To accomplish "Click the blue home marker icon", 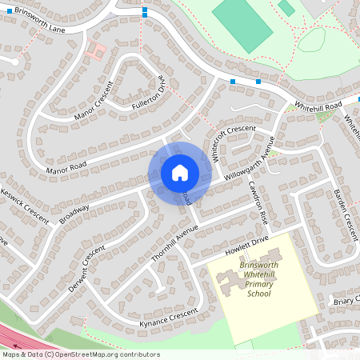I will (180, 173).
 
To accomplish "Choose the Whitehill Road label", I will (318, 106).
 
